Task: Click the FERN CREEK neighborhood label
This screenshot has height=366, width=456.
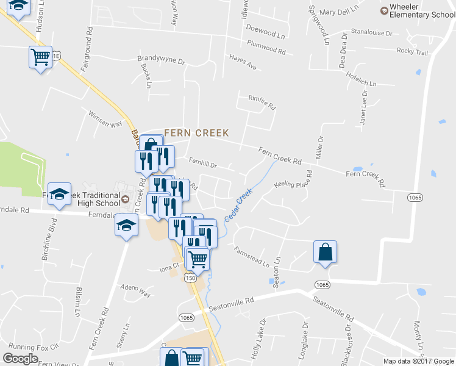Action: (x=196, y=132)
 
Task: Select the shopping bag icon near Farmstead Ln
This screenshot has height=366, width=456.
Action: (x=326, y=252)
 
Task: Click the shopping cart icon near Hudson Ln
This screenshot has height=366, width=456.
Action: (x=40, y=57)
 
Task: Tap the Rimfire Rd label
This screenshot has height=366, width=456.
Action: (x=262, y=102)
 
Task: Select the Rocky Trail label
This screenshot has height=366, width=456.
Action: (x=412, y=52)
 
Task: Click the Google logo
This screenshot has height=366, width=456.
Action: (x=20, y=359)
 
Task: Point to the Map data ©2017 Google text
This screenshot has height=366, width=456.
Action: (x=418, y=361)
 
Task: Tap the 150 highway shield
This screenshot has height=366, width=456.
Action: (x=191, y=278)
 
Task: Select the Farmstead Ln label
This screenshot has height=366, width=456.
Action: (x=252, y=257)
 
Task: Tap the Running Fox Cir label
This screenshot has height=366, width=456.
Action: (x=34, y=346)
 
